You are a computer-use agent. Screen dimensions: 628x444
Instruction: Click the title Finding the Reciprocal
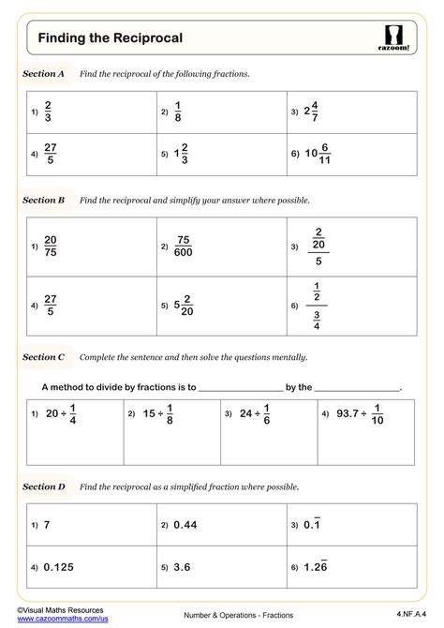point(110,37)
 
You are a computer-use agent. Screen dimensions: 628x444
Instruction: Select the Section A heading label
point(44,73)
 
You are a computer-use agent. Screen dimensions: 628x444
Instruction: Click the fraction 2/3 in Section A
point(48,112)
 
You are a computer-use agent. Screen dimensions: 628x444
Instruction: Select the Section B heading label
point(44,201)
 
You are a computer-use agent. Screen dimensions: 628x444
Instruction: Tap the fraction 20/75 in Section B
point(50,247)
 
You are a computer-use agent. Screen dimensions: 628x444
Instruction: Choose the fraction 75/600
point(184,247)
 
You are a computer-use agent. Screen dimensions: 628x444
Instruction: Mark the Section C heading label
point(44,357)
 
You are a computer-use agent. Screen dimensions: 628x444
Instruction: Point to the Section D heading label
point(44,486)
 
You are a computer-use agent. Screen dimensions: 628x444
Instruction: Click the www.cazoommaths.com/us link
point(55,620)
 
